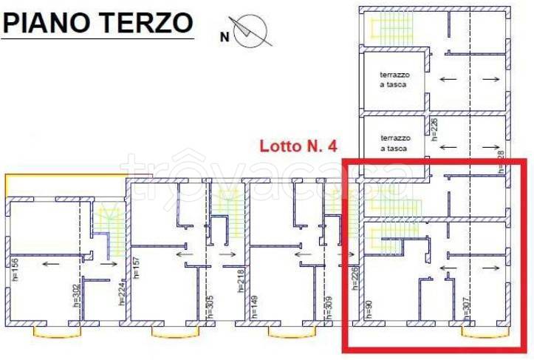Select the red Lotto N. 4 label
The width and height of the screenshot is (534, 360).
(x=298, y=146)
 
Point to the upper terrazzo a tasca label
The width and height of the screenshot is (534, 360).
(x=394, y=80)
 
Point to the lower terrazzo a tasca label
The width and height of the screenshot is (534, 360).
(x=394, y=143)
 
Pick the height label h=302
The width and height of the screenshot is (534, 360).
(x=77, y=296)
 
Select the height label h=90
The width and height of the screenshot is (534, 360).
(x=366, y=309)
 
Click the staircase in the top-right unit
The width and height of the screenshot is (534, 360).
(x=384, y=27)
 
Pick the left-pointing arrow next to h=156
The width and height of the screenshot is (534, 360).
(x=51, y=262)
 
